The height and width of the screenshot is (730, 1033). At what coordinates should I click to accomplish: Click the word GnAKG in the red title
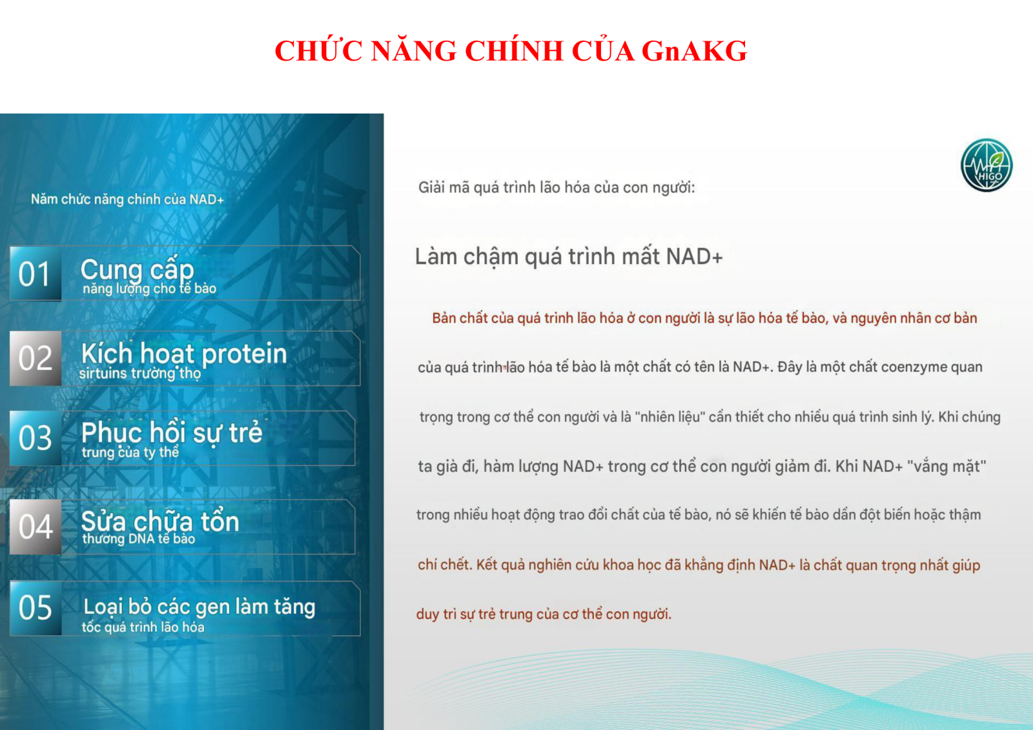pyautogui.click(x=694, y=51)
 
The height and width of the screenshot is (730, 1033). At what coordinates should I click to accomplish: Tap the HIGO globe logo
pyautogui.click(x=987, y=165)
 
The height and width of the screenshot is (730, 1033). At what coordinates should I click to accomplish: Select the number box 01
pyautogui.click(x=36, y=274)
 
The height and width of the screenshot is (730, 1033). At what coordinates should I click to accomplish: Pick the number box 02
pyautogui.click(x=36, y=358)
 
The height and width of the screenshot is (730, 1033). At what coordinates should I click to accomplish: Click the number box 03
pyautogui.click(x=36, y=438)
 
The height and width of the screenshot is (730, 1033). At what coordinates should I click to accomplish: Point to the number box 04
pyautogui.click(x=36, y=527)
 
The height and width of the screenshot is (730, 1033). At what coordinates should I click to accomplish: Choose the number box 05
pyautogui.click(x=36, y=608)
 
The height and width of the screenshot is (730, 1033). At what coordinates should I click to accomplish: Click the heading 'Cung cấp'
pyautogui.click(x=137, y=270)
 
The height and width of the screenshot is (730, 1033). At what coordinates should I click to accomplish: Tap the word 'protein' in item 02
pyautogui.click(x=244, y=354)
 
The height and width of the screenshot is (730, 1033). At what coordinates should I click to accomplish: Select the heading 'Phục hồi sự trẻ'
pyautogui.click(x=172, y=432)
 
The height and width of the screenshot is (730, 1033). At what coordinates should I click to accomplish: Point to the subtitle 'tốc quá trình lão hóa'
pyautogui.click(x=143, y=627)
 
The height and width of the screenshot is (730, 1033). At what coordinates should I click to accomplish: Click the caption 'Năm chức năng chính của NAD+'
pyautogui.click(x=127, y=199)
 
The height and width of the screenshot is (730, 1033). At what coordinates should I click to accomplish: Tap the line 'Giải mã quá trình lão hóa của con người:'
pyautogui.click(x=556, y=188)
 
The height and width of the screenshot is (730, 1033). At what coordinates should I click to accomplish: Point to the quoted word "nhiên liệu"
pyautogui.click(x=670, y=417)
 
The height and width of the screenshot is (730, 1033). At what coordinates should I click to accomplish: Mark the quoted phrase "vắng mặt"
pyautogui.click(x=946, y=467)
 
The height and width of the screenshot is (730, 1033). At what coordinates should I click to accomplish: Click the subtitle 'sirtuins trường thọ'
pyautogui.click(x=139, y=373)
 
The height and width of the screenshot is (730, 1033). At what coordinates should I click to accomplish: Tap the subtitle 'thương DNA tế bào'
pyautogui.click(x=138, y=538)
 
